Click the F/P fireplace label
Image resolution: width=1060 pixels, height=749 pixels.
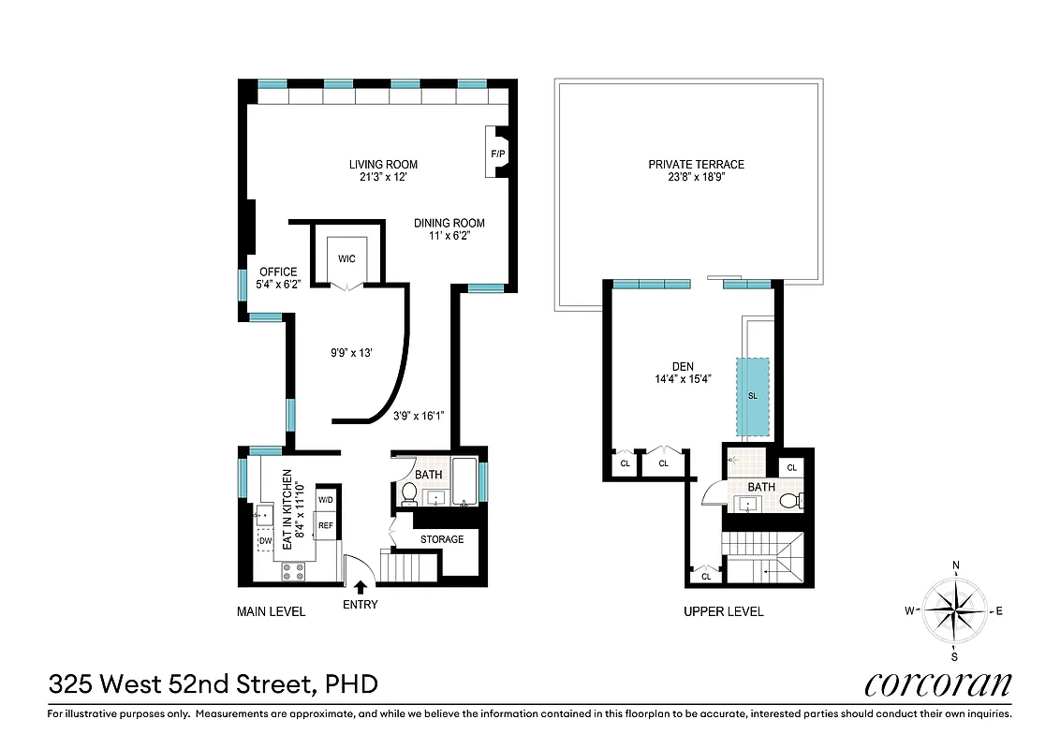(x=497, y=154)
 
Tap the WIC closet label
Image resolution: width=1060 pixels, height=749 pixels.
(x=346, y=258)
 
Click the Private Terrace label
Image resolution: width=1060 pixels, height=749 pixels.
(x=696, y=165)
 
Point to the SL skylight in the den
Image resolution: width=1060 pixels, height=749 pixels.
(x=752, y=396)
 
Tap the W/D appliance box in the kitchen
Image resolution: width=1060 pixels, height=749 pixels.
(x=326, y=500)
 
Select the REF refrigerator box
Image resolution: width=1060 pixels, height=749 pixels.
(x=326, y=525)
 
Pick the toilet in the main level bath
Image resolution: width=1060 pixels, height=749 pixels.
(x=409, y=494)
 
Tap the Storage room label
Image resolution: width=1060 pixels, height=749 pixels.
(x=441, y=539)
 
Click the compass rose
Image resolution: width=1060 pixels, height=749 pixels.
(x=955, y=610)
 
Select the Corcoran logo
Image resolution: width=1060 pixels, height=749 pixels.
(x=937, y=684)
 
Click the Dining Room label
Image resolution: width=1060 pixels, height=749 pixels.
(x=449, y=223)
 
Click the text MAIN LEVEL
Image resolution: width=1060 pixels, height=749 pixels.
(x=271, y=611)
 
